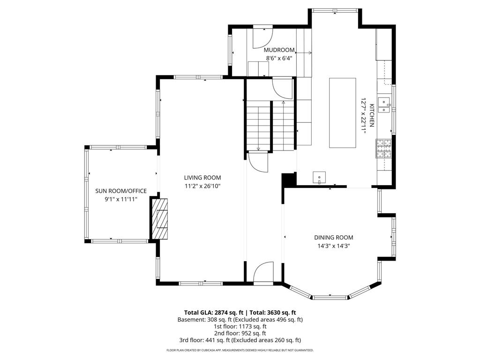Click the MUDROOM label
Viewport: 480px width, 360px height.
point(279,50)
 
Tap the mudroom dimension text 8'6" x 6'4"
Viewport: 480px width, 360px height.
point(279,58)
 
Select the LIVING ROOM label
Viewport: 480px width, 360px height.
point(202,178)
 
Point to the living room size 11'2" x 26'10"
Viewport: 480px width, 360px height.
point(202,186)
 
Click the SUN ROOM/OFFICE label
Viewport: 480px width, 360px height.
point(121,191)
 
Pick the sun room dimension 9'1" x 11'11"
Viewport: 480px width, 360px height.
point(121,199)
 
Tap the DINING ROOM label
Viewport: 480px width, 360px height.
point(334,238)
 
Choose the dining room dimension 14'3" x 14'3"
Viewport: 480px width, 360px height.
point(334,246)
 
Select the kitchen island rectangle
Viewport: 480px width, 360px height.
point(343,113)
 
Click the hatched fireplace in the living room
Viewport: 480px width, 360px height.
point(159,218)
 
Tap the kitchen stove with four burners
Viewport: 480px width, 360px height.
point(384,149)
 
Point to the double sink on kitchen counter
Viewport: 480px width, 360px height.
point(384,105)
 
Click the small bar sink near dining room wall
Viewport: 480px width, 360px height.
point(319,178)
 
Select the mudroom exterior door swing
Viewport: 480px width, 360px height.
point(262,38)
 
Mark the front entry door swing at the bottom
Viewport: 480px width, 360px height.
point(263,272)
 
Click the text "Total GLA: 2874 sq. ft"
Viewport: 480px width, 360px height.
point(214,313)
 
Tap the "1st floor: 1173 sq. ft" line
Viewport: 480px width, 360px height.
point(240,326)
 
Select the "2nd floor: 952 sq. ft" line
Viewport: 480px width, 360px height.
point(240,333)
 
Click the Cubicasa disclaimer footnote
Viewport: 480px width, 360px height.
point(240,350)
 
